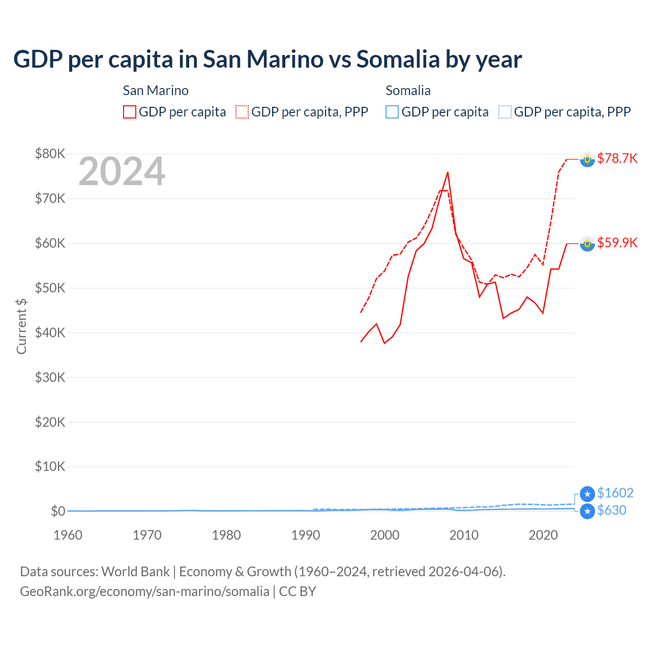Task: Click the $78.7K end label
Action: (617, 158)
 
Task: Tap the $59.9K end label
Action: (617, 243)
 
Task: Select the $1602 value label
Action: (615, 493)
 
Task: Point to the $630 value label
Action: (611, 510)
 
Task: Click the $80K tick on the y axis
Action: (50, 154)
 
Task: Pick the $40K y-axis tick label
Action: (50, 333)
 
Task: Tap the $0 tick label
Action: (58, 511)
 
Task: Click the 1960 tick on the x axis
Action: (68, 535)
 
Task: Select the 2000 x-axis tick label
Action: (384, 535)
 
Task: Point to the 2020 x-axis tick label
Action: (543, 535)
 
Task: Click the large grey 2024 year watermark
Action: (122, 171)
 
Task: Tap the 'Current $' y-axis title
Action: (21, 326)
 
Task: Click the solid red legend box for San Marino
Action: (130, 112)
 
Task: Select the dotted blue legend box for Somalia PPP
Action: (505, 112)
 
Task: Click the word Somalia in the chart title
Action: (398, 59)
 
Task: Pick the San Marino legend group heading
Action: (156, 91)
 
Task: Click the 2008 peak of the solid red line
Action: (448, 172)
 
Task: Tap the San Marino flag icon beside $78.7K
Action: (587, 159)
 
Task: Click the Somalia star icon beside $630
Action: (587, 511)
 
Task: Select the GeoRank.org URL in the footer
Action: (144, 591)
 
